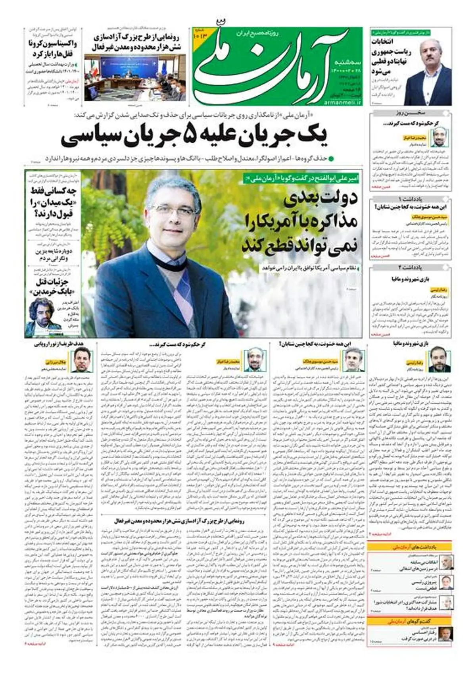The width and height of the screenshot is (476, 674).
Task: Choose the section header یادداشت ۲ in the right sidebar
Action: pos(411,267)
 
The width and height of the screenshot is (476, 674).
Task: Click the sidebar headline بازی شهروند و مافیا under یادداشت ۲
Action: pos(411,279)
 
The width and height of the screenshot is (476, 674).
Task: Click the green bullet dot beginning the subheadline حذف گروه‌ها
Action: pos(331,158)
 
